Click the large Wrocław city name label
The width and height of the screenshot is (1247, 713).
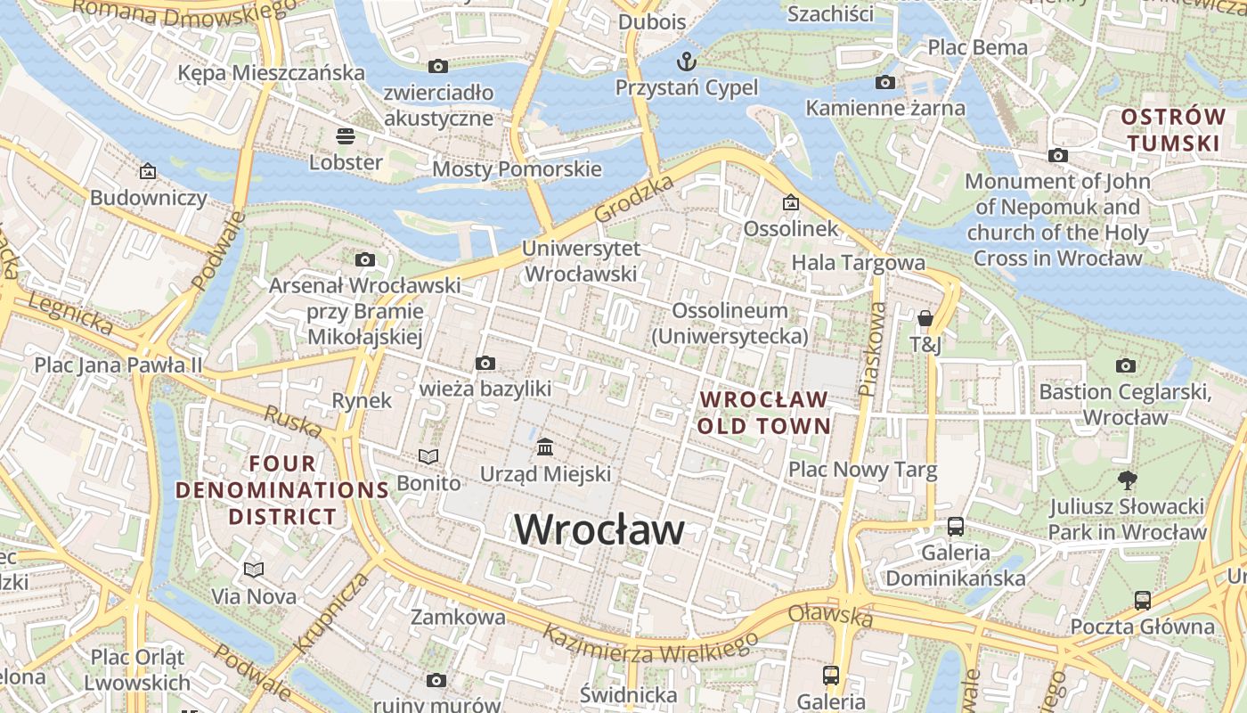tap(599, 529)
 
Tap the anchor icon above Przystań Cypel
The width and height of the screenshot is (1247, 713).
tap(686, 61)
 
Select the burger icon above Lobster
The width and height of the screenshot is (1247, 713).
tap(346, 135)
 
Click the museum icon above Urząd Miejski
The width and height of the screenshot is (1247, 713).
tap(545, 447)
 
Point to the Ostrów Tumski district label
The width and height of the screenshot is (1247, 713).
tap(1171, 130)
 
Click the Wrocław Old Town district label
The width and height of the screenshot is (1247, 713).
tap(763, 413)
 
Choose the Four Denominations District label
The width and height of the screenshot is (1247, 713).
tap(282, 489)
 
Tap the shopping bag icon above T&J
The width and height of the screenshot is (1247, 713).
tap(925, 318)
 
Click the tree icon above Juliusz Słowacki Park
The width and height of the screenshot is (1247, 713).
tap(1127, 480)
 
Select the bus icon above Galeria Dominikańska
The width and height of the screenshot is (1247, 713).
tap(955, 526)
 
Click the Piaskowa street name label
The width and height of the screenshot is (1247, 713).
tap(871, 348)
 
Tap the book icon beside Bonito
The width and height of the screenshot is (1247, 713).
tap(428, 456)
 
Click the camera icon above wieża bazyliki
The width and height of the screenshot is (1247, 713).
tap(485, 363)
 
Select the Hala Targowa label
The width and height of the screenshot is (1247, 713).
tap(858, 263)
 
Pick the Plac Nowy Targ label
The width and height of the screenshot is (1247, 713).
tap(862, 470)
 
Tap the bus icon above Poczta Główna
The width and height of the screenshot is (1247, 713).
tap(1142, 600)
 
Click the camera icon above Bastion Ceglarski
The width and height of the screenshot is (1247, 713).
tap(1126, 365)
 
